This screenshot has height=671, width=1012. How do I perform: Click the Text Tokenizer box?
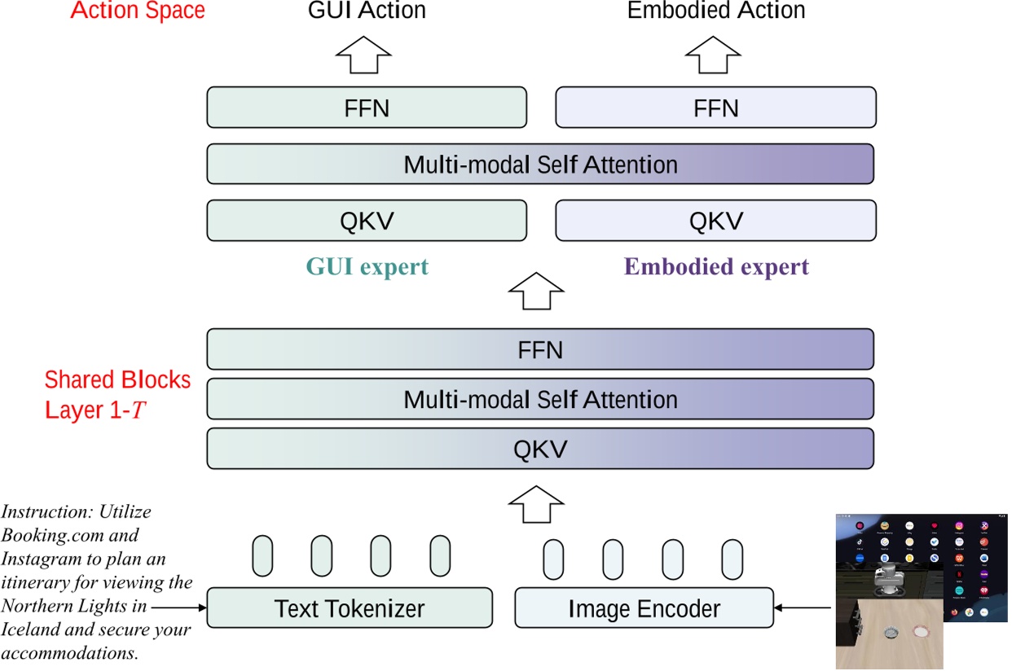click(350, 608)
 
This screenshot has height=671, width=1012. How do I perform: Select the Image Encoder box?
click(644, 608)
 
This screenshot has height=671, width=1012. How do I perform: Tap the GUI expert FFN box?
click(367, 108)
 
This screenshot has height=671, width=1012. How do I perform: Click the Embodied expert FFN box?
click(715, 108)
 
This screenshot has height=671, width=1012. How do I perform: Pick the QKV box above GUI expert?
click(367, 221)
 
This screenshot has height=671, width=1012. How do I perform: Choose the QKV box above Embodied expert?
click(715, 221)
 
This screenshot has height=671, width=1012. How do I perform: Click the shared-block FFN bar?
click(540, 350)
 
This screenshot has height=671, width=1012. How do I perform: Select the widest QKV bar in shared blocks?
click(540, 449)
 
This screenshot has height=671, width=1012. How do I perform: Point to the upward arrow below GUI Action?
click(365, 54)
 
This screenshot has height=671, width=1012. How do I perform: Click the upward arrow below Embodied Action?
click(714, 54)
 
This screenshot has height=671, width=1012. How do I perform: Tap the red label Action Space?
click(138, 11)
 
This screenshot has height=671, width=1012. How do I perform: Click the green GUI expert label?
click(367, 267)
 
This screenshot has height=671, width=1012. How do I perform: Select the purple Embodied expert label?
click(716, 267)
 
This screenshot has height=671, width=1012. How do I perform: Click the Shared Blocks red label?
click(117, 380)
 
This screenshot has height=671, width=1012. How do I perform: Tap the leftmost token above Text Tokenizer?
click(262, 556)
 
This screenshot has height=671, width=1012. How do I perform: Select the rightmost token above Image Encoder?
click(732, 559)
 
